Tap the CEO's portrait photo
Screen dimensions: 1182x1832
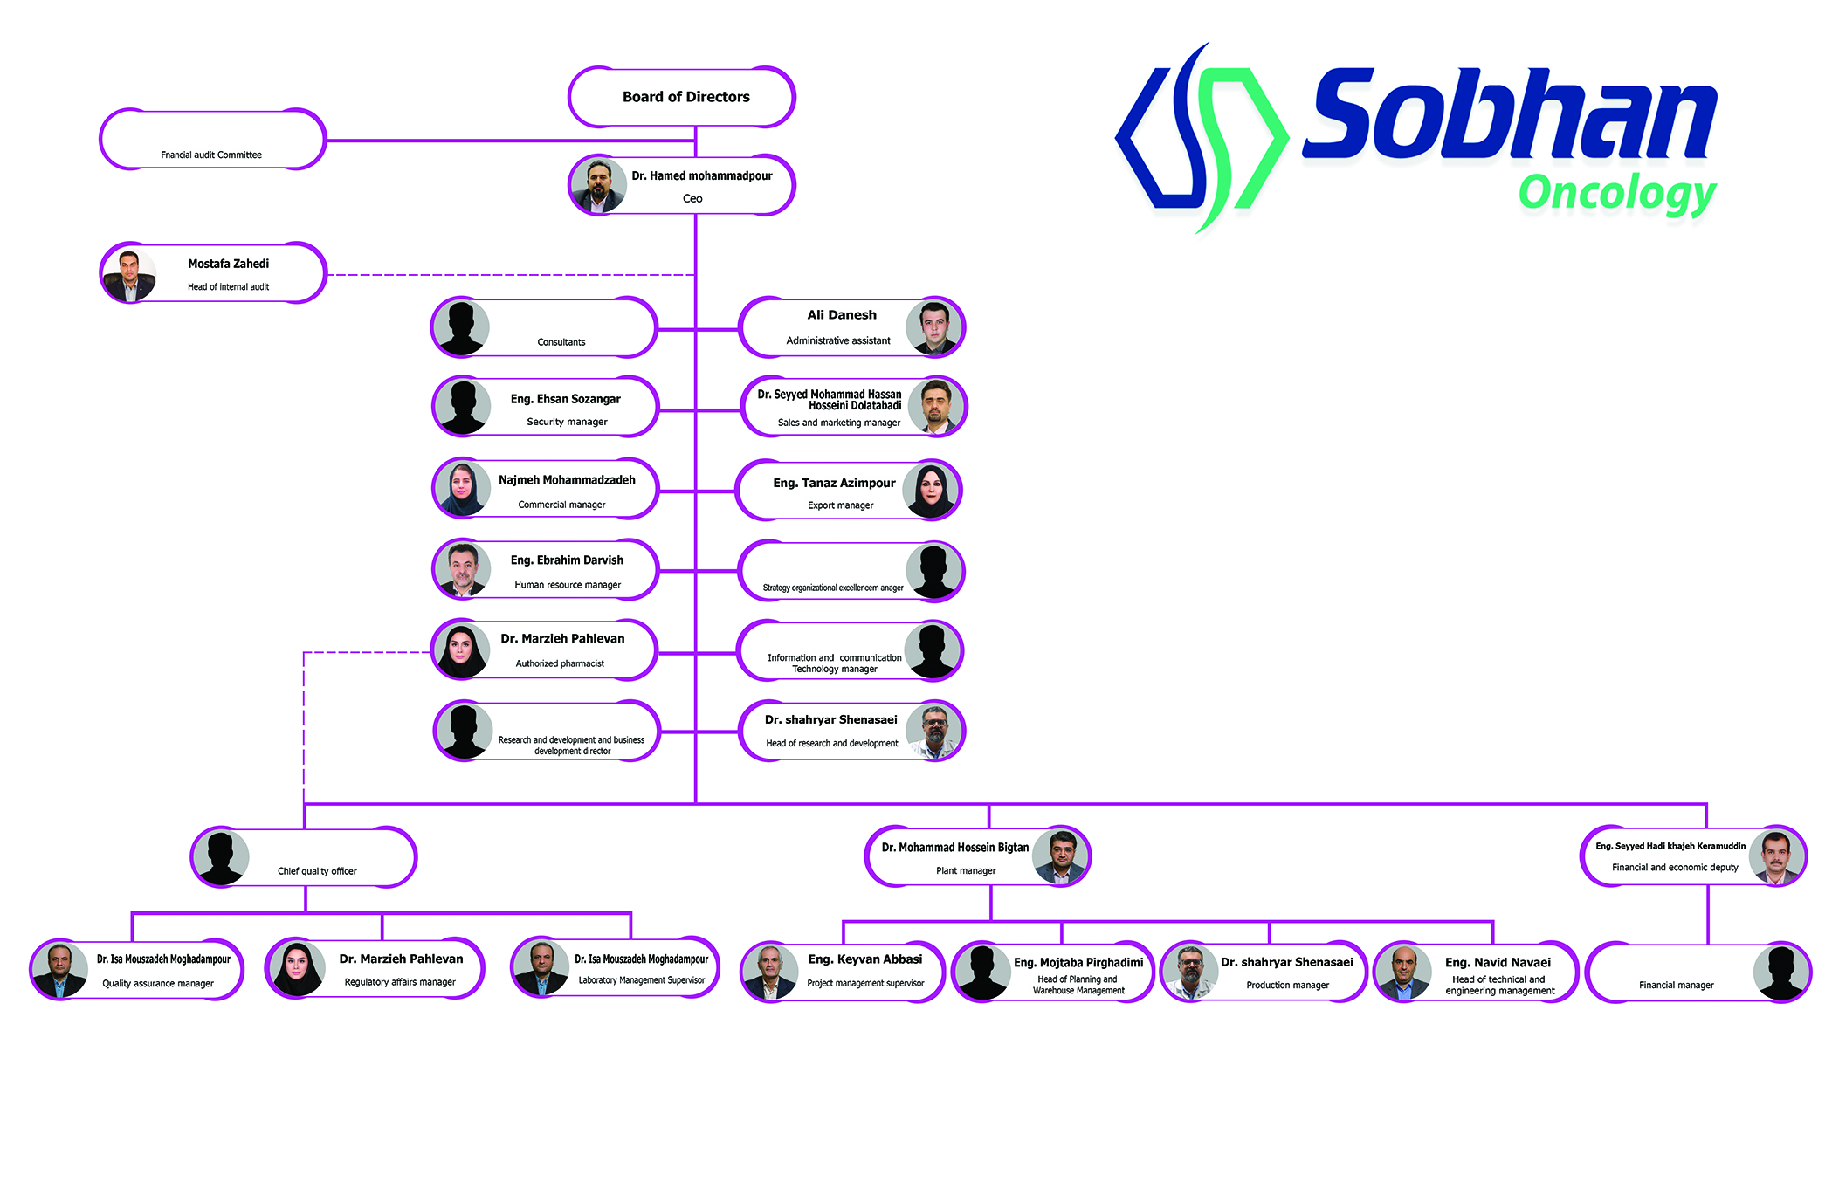[x=598, y=185]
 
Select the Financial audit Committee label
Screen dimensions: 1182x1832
[x=211, y=155]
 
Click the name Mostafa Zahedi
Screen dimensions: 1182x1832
[x=228, y=264]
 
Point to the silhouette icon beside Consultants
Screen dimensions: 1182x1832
[x=461, y=327]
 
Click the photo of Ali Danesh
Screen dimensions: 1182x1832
[x=933, y=327]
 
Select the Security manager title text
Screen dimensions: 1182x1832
[x=567, y=423]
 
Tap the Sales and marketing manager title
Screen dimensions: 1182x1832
[x=838, y=423]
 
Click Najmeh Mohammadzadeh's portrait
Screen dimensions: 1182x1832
[x=463, y=488]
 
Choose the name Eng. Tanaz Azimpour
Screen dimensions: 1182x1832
[x=834, y=483]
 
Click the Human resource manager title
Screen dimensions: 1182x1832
[x=568, y=586]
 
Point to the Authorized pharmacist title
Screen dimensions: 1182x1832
[x=560, y=664]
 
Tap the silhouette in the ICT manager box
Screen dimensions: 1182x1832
[x=933, y=651]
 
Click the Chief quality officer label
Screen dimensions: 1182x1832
[x=317, y=871]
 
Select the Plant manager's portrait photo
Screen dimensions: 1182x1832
[x=1060, y=856]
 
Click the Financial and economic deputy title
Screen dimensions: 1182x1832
[x=1675, y=868]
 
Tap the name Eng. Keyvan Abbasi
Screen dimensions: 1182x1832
[x=864, y=959]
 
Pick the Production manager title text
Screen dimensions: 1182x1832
[x=1287, y=986]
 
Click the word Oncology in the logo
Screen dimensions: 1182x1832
[x=1617, y=194]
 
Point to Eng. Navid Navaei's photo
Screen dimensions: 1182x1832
[x=1402, y=972]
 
